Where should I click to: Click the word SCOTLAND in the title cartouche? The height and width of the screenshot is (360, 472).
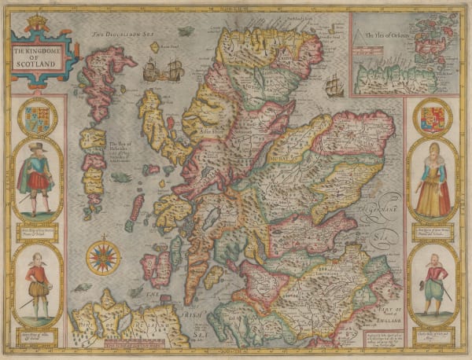[37, 60]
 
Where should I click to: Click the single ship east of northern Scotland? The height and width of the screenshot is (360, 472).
[335, 82]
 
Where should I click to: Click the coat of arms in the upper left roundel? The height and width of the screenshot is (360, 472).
[37, 117]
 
